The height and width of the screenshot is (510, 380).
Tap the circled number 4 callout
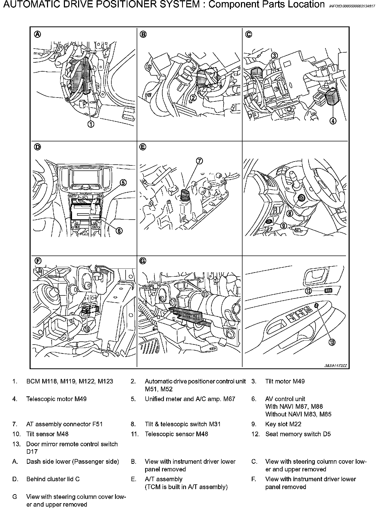pos(333,121)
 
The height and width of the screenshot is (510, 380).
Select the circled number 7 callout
pos(199,161)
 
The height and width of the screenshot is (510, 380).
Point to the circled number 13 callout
pos(332,342)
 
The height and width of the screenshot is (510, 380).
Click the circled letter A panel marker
pos(38,34)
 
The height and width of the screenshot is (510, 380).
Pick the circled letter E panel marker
pos(143,147)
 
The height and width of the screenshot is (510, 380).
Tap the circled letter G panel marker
pos(143,261)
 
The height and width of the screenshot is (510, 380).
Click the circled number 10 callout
pos(87,328)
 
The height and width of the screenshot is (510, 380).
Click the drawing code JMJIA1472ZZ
pos(335,366)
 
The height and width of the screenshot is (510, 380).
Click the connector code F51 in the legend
pos(97,424)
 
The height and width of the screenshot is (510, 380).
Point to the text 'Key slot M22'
pos(283,424)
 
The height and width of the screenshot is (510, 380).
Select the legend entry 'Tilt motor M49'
pos(285,381)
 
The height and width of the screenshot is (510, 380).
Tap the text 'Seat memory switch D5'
pos(298,434)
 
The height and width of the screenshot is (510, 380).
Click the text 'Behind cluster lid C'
pos(53,479)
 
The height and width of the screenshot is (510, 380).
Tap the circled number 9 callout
pos(283,226)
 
